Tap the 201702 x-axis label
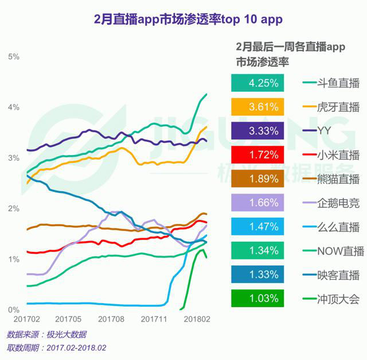[27, 318]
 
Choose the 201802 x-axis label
[197, 318]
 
